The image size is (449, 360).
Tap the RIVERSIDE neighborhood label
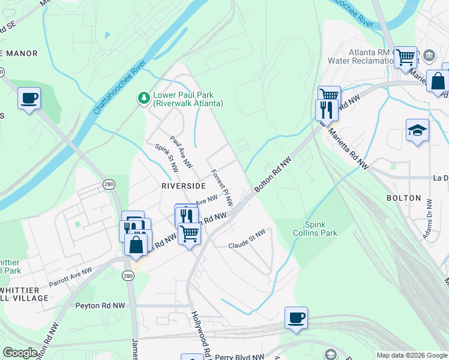click(184, 186)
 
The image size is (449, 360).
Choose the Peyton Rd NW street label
click(100, 305)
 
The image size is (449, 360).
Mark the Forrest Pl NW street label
click(221, 188)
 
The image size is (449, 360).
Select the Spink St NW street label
click(166, 158)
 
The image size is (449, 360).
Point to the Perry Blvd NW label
click(240, 356)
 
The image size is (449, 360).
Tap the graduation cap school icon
click(417, 130)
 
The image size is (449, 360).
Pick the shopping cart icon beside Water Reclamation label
click(406, 57)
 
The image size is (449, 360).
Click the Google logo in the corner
click(20, 353)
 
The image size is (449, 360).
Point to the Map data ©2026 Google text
click(411, 355)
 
